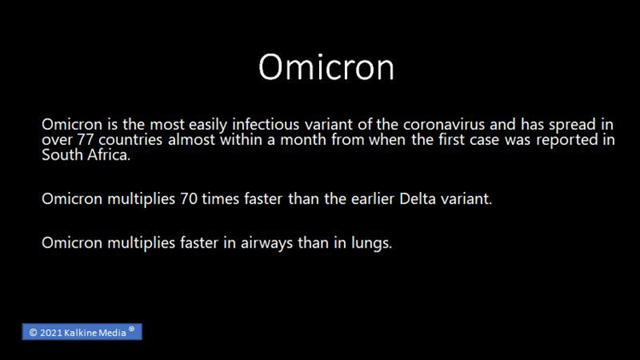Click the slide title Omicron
pyautogui.click(x=327, y=67)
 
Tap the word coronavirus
pyautogui.click(x=444, y=124)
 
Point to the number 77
pyautogui.click(x=85, y=140)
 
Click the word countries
pyautogui.click(x=131, y=140)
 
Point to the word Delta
pyautogui.click(x=417, y=199)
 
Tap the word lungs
pyautogui.click(x=371, y=243)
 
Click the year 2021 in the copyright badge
pyautogui.click(x=51, y=333)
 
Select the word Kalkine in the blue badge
pyautogui.click(x=81, y=333)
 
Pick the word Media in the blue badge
pyautogui.click(x=113, y=333)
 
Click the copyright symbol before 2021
pyautogui.click(x=33, y=333)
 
